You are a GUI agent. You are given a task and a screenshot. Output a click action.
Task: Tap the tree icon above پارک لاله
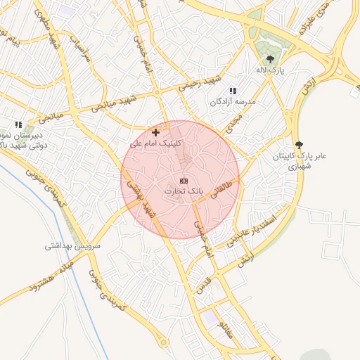[x=270, y=59]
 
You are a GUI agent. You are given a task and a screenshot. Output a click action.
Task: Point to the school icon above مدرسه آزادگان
[x=233, y=90]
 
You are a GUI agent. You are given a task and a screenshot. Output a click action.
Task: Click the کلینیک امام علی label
[x=156, y=143]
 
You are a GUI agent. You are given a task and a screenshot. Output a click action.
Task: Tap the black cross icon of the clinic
[x=155, y=131]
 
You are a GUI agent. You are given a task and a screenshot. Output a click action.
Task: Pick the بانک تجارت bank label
[x=183, y=191]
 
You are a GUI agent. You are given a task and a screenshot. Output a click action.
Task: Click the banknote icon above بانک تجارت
[x=184, y=181]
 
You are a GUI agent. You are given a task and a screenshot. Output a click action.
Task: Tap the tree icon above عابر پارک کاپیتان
[x=299, y=144]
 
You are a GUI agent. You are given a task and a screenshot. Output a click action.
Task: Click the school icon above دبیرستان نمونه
[x=18, y=124]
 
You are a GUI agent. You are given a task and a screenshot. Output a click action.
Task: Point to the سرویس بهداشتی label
[x=73, y=246]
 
